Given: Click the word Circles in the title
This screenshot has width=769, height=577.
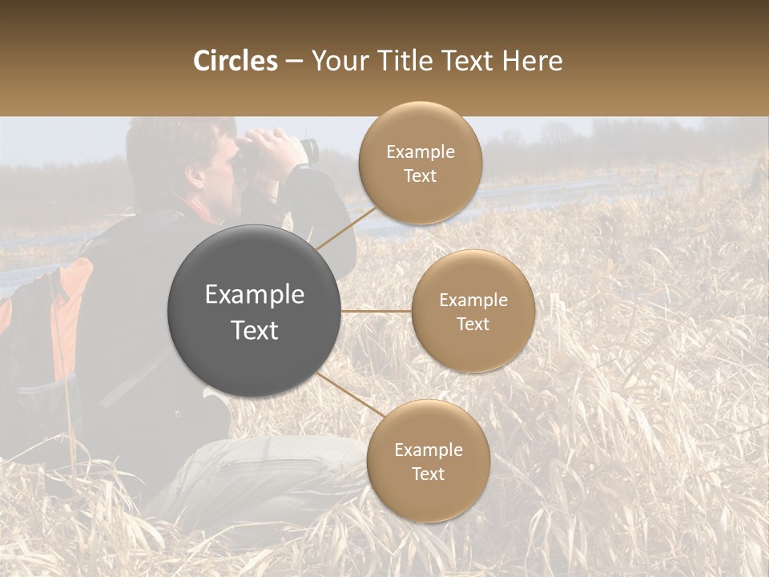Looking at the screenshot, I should point(235,61).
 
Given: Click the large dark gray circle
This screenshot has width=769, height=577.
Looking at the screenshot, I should point(254,311).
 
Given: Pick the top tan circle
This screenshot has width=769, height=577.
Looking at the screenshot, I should point(420,163).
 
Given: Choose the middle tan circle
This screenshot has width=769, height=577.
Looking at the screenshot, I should point(473,311).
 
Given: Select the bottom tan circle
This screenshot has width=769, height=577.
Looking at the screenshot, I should point(428,462).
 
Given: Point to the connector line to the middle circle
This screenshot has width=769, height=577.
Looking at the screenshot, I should point(376,311).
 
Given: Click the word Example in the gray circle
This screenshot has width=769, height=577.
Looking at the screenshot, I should point(254,295).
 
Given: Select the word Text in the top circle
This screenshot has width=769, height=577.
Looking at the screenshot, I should point(420,176).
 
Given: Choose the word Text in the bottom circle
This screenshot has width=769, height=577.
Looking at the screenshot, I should point(428,474).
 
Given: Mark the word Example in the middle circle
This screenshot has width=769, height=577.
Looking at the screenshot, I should point(473,300).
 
